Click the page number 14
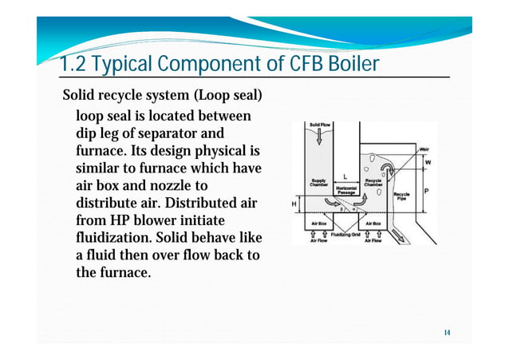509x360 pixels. click(448, 331)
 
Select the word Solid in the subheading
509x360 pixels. click(82, 97)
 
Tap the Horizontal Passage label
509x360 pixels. click(347, 190)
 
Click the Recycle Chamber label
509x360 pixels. click(373, 183)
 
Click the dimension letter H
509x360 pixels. click(295, 204)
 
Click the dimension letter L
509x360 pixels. click(344, 176)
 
